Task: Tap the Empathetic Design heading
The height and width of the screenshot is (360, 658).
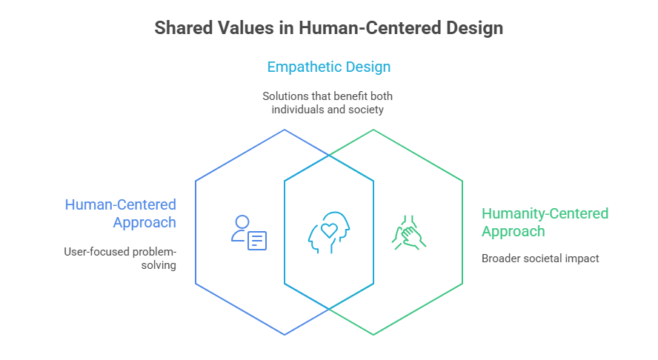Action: tap(328, 67)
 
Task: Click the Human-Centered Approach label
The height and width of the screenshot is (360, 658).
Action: tap(120, 213)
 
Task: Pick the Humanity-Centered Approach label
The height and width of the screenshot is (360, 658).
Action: tap(545, 222)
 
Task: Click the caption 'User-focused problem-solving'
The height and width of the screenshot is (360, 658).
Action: tap(120, 258)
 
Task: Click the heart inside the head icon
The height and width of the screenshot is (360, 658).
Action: tap(328, 230)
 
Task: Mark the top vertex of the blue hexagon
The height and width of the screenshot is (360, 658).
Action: tap(285, 130)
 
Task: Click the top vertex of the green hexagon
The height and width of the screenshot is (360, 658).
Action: tap(373, 130)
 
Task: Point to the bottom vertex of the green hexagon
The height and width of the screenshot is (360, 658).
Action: tap(373, 335)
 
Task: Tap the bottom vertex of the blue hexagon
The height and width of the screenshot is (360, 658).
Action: tap(285, 335)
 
